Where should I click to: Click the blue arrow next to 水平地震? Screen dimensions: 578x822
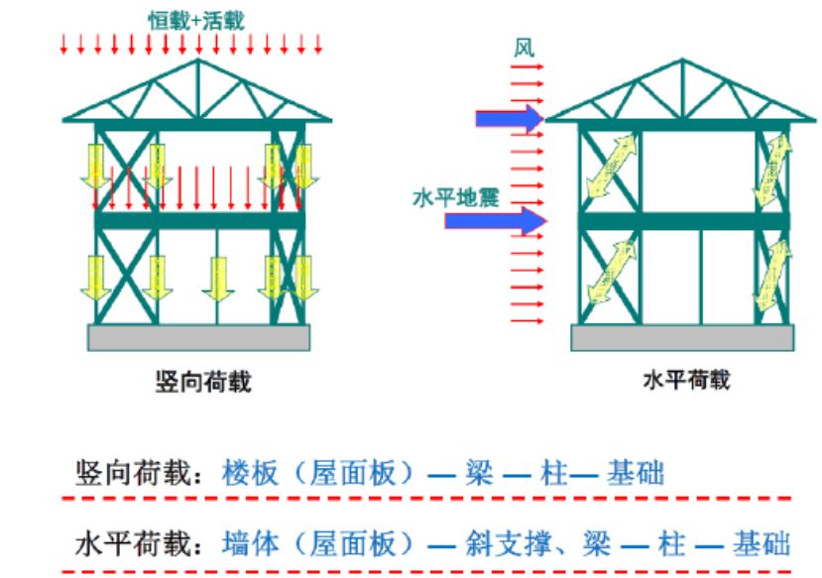pyautogui.click(x=495, y=220)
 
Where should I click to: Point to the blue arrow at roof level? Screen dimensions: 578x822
pyautogui.click(x=509, y=119)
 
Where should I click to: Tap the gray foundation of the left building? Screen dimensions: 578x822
pyautogui.click(x=198, y=337)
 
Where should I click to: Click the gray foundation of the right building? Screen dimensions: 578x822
pyautogui.click(x=682, y=337)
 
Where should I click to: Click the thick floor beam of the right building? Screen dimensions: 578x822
pyautogui.click(x=684, y=220)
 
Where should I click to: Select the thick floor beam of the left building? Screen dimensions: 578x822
pyautogui.click(x=198, y=220)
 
